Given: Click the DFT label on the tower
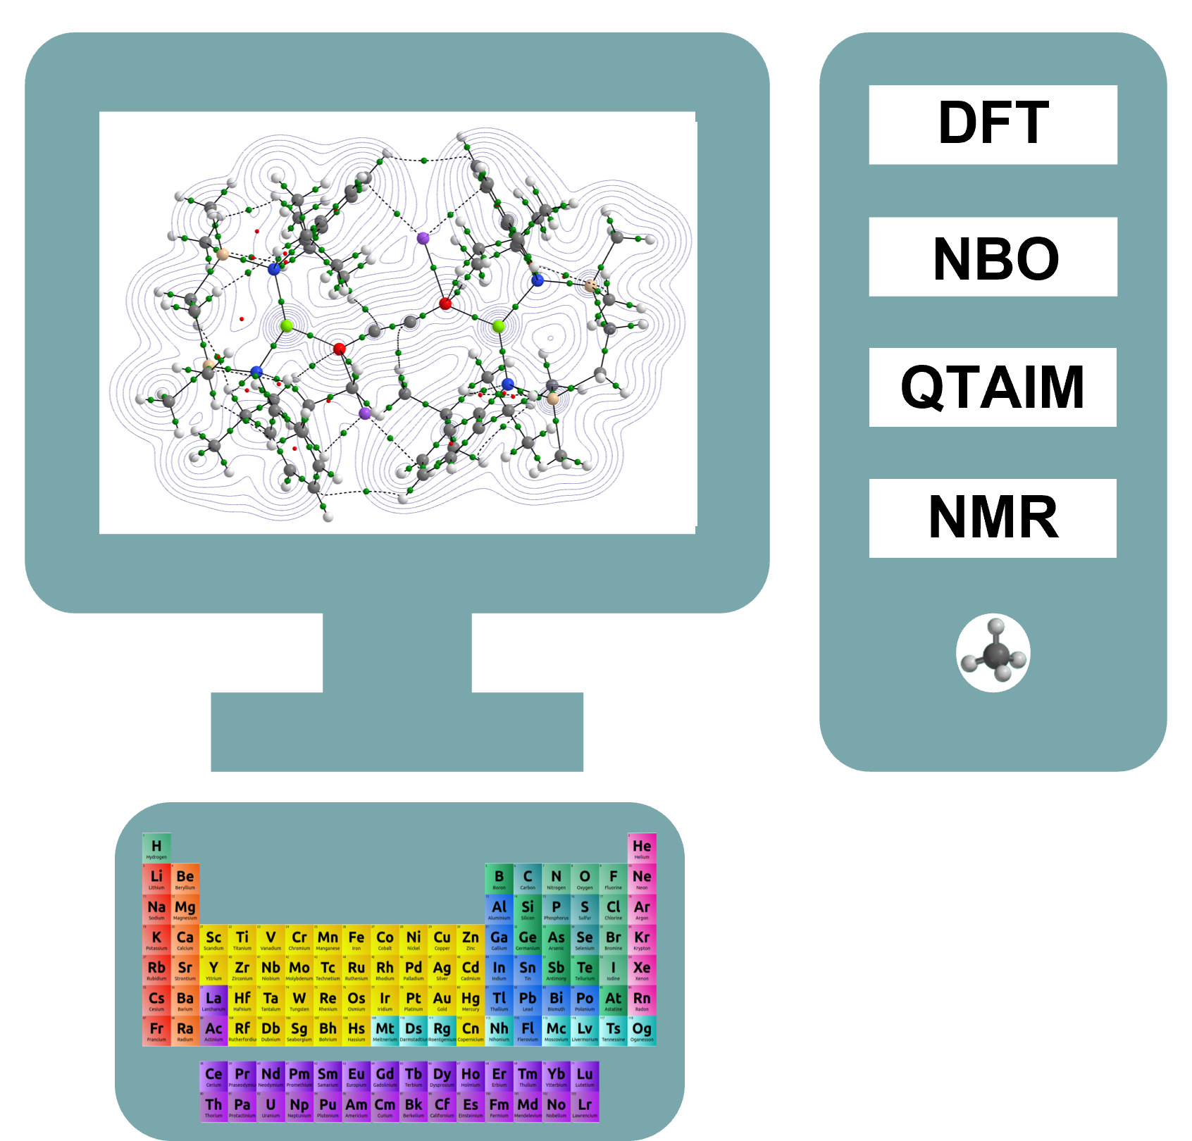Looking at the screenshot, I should point(993,125).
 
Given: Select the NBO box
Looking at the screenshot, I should point(993,257).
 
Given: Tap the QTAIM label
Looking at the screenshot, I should point(993,387).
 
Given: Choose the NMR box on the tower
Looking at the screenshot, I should point(993,518).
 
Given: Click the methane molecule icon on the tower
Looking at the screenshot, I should point(993,653).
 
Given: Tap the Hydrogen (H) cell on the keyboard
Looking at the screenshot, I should point(156,848).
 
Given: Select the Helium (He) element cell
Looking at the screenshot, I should point(642,848).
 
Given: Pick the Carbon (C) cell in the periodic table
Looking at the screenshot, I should point(528,878).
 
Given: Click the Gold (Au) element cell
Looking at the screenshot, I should point(442,1000).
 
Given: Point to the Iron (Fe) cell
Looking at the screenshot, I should point(356,940).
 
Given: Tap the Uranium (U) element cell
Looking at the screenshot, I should point(271,1106).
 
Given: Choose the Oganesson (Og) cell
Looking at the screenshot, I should point(642,1030).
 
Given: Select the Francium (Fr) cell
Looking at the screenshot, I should point(156,1030).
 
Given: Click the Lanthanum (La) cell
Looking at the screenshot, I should point(213,1000).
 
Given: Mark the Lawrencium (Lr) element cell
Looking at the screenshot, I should point(585,1106).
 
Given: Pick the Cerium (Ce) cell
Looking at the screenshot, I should point(213,1076).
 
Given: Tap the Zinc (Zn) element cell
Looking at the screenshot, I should point(471,940).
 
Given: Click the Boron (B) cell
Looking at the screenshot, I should point(499,878).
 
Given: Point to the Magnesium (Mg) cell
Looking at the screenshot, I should point(185,909).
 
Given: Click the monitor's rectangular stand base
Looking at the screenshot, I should point(397,732).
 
